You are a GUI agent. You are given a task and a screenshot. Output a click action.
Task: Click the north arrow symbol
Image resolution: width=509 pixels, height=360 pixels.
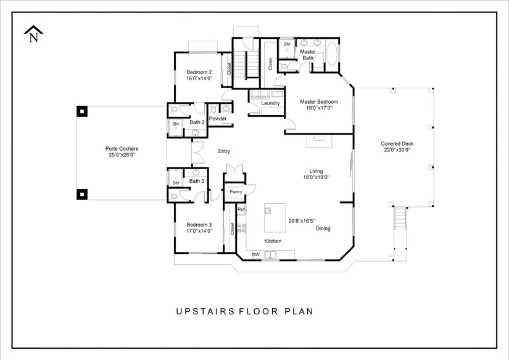pyautogui.click(x=33, y=34)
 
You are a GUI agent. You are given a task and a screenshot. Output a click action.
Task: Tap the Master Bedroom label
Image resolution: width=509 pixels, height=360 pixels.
pyautogui.click(x=319, y=102)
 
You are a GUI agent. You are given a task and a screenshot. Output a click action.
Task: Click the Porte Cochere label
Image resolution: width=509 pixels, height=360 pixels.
pyautogui.click(x=122, y=148)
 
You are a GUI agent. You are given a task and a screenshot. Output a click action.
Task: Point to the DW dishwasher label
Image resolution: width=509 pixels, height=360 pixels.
pyautogui.click(x=256, y=254)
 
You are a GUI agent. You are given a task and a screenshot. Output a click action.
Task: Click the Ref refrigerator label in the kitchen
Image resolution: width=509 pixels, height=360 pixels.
pyautogui.click(x=241, y=209)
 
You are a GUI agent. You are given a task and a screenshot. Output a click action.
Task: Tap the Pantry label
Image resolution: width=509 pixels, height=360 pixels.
pyautogui.click(x=236, y=191)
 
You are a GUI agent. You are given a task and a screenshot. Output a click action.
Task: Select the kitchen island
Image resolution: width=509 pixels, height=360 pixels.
pyautogui.click(x=275, y=218)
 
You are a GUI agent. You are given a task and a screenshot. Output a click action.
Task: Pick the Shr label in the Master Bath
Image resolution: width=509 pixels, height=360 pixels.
pyautogui.click(x=287, y=44)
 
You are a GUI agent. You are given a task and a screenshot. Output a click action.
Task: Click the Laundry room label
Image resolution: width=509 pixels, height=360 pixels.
pyautogui.click(x=270, y=103)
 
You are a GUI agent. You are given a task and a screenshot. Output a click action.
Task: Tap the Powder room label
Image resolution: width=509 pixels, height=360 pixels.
pyautogui.click(x=218, y=119)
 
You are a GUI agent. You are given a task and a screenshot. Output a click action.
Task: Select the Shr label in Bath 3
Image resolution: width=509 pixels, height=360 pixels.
pyautogui.click(x=176, y=183)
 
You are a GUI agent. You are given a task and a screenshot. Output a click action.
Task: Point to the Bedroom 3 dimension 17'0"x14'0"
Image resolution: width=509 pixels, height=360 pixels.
pyautogui.click(x=199, y=231)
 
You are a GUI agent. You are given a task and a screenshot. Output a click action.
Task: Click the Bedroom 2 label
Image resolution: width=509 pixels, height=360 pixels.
pyautogui.click(x=199, y=72)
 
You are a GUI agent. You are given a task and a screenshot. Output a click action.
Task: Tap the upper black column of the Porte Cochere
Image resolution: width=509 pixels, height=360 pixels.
pyautogui.click(x=82, y=111)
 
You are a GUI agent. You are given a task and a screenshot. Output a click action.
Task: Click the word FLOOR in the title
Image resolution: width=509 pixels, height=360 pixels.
pyautogui.click(x=259, y=311)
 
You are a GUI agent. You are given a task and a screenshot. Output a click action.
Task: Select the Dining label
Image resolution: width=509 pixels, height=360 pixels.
pyautogui.click(x=323, y=228)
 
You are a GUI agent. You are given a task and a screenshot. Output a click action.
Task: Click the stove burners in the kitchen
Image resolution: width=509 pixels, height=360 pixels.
pyautogui.click(x=241, y=228)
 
